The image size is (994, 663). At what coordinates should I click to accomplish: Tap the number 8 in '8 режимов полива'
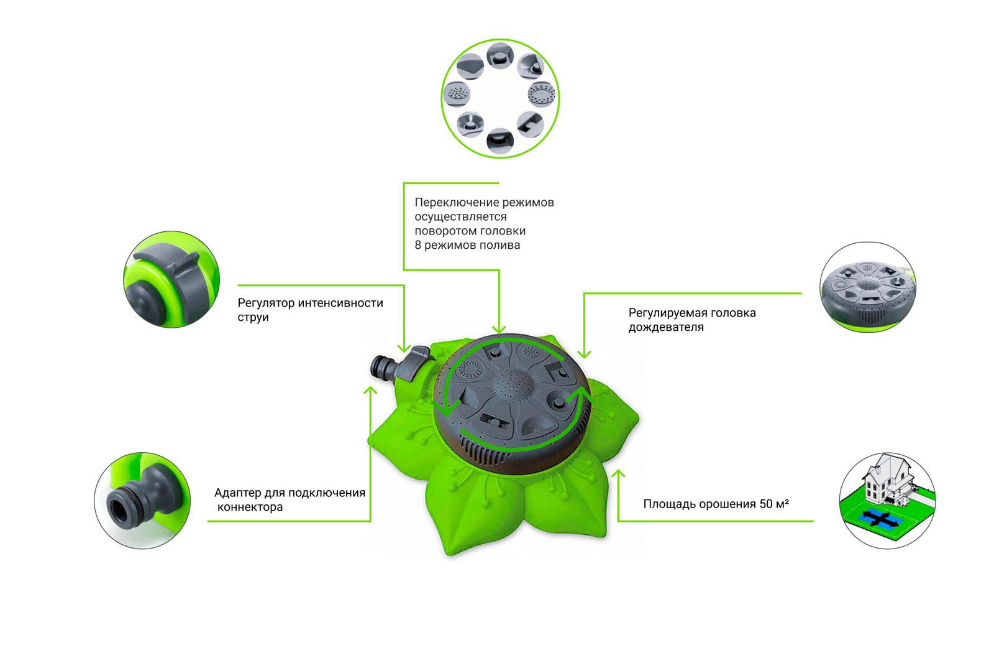point(417,245)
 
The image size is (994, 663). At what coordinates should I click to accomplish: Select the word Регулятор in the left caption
point(266,303)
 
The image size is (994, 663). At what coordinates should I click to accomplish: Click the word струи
point(253,317)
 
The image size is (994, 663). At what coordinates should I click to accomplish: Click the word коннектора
point(250,507)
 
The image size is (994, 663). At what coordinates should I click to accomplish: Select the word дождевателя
point(665,328)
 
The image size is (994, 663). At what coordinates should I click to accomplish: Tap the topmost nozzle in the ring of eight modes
point(499,56)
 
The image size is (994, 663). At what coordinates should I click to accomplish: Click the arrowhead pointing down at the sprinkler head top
point(499,329)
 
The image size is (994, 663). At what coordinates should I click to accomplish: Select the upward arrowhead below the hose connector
point(370,391)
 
